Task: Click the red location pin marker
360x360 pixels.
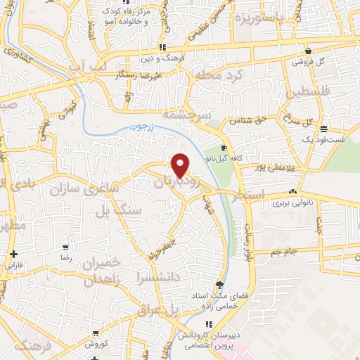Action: (x=181, y=165)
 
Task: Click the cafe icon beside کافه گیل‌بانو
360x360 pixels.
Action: (x=224, y=148)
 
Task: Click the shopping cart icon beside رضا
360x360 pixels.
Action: (x=66, y=248)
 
